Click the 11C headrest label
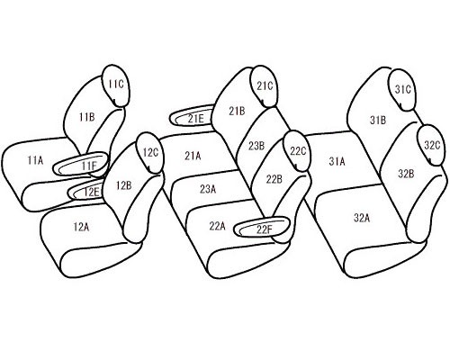116,84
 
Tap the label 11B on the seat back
87,117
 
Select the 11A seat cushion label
35,160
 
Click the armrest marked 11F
80,164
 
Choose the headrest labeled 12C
149,152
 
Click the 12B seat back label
124,185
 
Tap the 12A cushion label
81,227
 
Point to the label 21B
237,112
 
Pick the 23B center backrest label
256,146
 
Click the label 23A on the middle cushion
208,189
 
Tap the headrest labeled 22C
297,151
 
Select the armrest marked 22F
262,227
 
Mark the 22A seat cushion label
217,226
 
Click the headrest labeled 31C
402,89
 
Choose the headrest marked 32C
431,145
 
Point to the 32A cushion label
362,218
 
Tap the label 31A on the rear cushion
337,162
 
